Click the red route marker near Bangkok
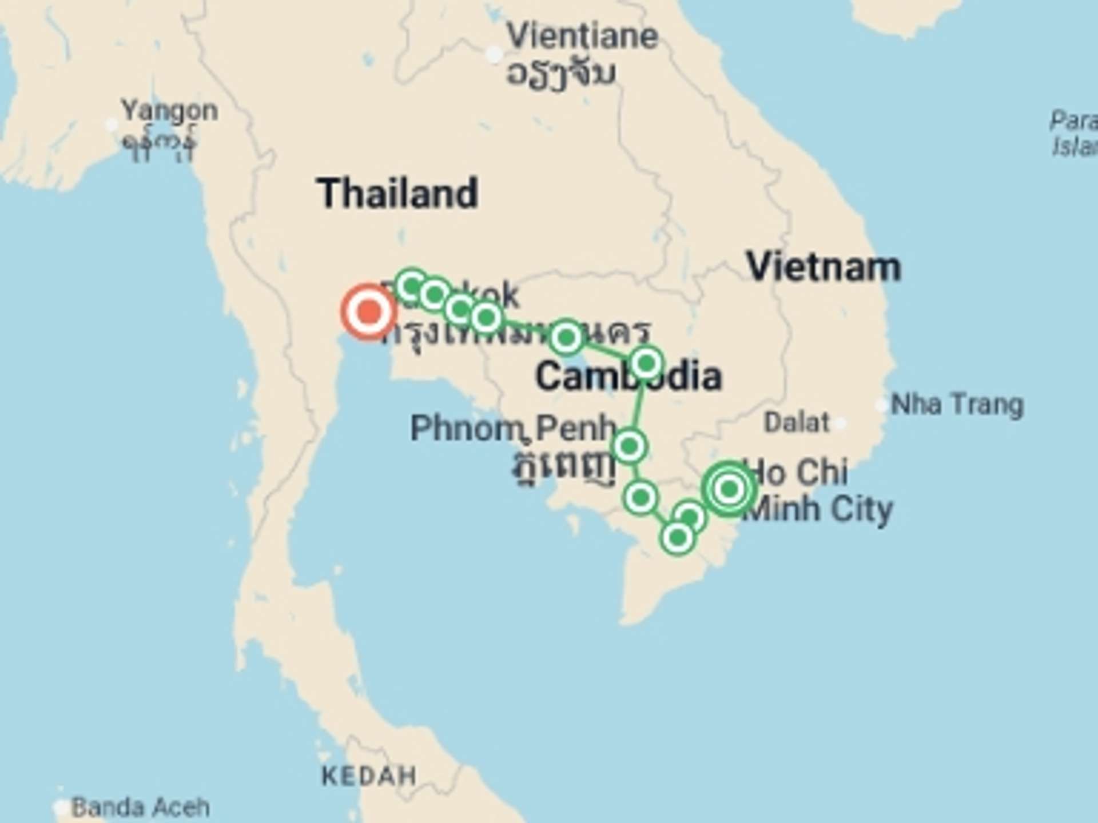369,312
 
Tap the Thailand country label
397,193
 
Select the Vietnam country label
823,267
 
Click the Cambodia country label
628,377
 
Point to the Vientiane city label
582,37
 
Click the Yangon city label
169,111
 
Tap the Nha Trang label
957,405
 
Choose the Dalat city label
796,423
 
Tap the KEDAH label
369,776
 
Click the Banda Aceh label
140,807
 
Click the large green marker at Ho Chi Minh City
729,489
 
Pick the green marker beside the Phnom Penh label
630,446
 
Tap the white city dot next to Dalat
840,424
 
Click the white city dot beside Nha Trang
881,405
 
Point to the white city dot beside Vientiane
494,55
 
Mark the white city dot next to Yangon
112,124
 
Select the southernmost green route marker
678,537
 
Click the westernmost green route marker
412,285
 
